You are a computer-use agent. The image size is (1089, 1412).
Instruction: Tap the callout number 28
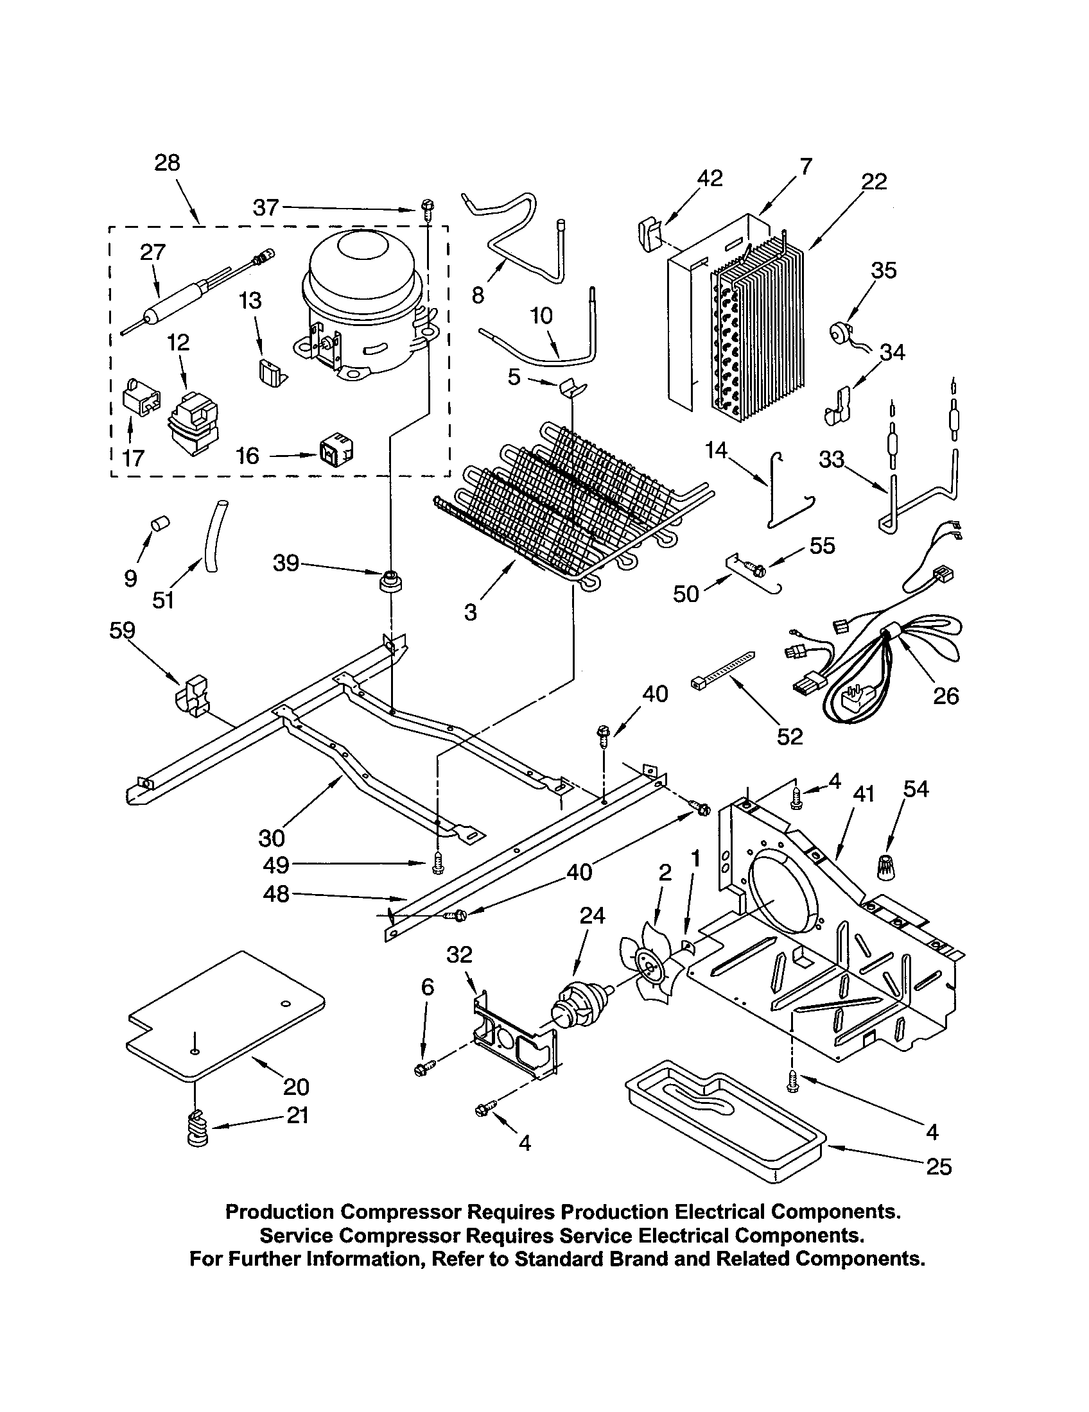pyautogui.click(x=167, y=163)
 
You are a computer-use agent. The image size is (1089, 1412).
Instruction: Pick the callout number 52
pyautogui.click(x=790, y=736)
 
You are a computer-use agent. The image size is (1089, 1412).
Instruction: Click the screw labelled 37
pyautogui.click(x=427, y=207)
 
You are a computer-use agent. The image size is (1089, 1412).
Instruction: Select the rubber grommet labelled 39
pyautogui.click(x=390, y=580)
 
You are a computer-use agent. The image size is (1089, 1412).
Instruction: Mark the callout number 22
pyautogui.click(x=874, y=182)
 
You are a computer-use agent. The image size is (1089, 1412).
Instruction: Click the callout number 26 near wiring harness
pyautogui.click(x=945, y=696)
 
